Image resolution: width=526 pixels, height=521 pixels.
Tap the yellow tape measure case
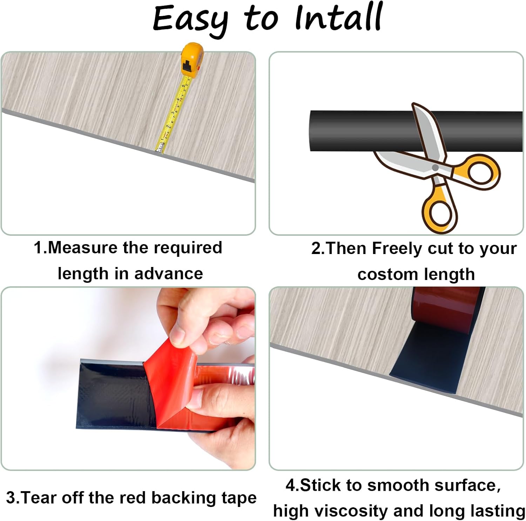tap(190, 59)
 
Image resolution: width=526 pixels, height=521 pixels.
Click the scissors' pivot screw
tap(435, 168)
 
